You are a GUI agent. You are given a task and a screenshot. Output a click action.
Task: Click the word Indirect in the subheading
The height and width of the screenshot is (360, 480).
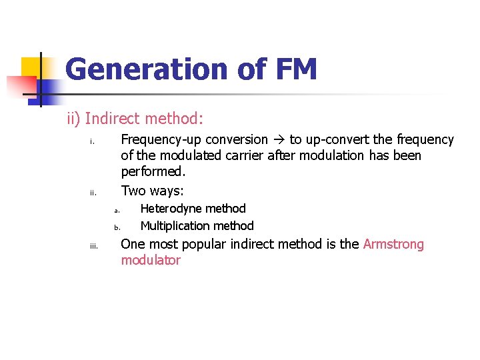click(113, 119)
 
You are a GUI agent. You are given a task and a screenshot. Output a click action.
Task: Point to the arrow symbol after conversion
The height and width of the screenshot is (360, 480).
click(278, 140)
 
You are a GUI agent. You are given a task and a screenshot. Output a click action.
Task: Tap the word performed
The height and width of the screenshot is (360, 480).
click(152, 172)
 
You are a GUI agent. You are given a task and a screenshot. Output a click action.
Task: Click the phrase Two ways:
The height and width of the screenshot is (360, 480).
click(152, 191)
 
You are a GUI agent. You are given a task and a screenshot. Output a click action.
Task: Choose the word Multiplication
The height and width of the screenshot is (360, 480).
click(172, 226)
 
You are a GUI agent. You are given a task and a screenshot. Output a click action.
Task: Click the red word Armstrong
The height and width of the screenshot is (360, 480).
click(393, 244)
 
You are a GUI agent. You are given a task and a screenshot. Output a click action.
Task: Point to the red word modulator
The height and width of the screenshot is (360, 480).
click(151, 261)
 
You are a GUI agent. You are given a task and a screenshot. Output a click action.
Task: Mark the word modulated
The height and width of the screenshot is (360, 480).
click(183, 156)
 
